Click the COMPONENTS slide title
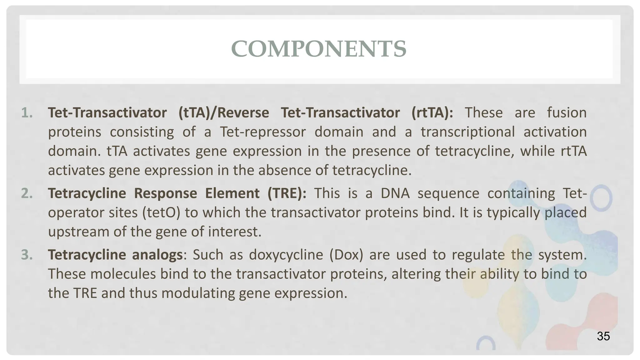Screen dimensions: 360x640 tap(318, 49)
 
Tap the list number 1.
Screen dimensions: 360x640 tap(27, 113)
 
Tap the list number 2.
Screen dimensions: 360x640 tap(27, 193)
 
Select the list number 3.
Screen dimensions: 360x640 tap(27, 255)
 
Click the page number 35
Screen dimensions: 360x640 tap(603, 336)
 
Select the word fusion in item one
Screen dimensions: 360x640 tap(567, 113)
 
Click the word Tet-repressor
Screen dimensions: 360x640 tap(262, 132)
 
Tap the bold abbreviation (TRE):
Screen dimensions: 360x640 tap(287, 193)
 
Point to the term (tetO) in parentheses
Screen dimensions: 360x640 tap(161, 213)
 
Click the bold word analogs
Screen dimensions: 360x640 tap(157, 255)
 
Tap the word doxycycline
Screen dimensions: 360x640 tap(286, 255)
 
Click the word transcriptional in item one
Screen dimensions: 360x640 tap(467, 132)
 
